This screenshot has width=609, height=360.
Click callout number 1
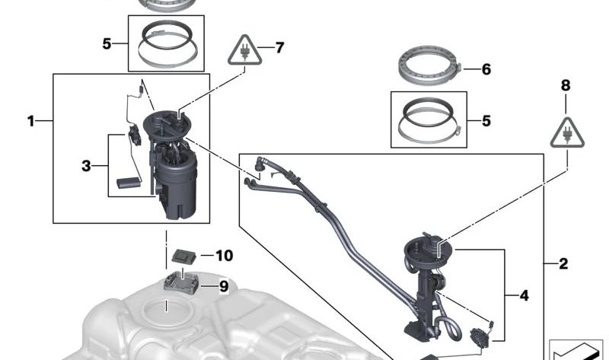[x=31, y=121]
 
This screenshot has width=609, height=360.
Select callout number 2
[x=563, y=265]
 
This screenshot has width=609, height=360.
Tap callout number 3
[x=86, y=164]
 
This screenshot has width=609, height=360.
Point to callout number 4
[x=524, y=295]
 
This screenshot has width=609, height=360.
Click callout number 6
[x=486, y=70]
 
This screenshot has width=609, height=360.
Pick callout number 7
[x=279, y=47]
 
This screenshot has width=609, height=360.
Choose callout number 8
[x=565, y=86]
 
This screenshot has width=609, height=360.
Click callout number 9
[x=224, y=286]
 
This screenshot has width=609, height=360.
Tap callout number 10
[x=224, y=256]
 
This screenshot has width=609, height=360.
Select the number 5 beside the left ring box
[x=107, y=43]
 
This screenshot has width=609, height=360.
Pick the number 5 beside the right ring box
[x=486, y=120]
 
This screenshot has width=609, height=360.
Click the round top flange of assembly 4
[x=429, y=249]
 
